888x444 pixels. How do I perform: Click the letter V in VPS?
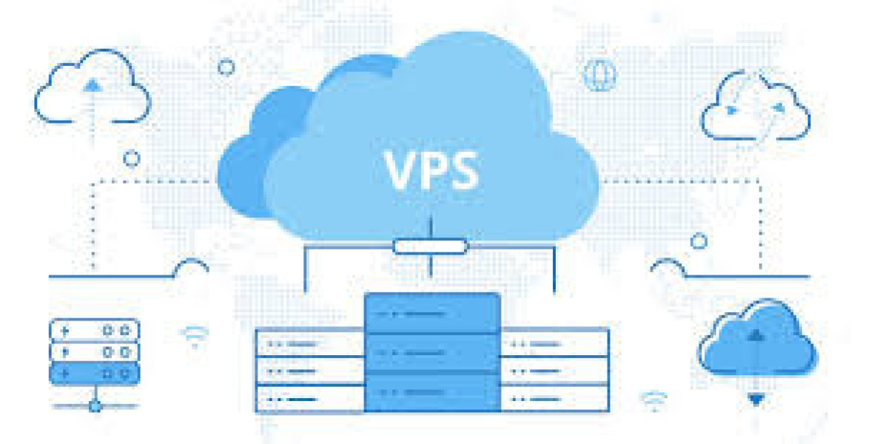402,169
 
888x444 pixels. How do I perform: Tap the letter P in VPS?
435,169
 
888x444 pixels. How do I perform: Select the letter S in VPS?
464,169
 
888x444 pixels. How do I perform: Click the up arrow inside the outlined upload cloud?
92,85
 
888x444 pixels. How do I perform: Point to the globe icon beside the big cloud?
600,75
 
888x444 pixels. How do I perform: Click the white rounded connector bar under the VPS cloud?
431,246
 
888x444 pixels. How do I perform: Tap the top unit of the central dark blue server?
432,313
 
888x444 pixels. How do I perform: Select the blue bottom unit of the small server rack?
95,374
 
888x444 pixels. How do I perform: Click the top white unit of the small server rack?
95,330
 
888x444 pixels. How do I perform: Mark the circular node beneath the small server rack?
95,406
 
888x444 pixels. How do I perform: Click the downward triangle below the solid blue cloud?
756,400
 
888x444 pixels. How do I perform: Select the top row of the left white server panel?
310,343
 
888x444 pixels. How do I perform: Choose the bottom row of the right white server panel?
554,399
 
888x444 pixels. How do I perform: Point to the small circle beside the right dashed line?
699,241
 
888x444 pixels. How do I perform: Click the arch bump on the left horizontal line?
191,268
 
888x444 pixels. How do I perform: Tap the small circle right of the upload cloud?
226,67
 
